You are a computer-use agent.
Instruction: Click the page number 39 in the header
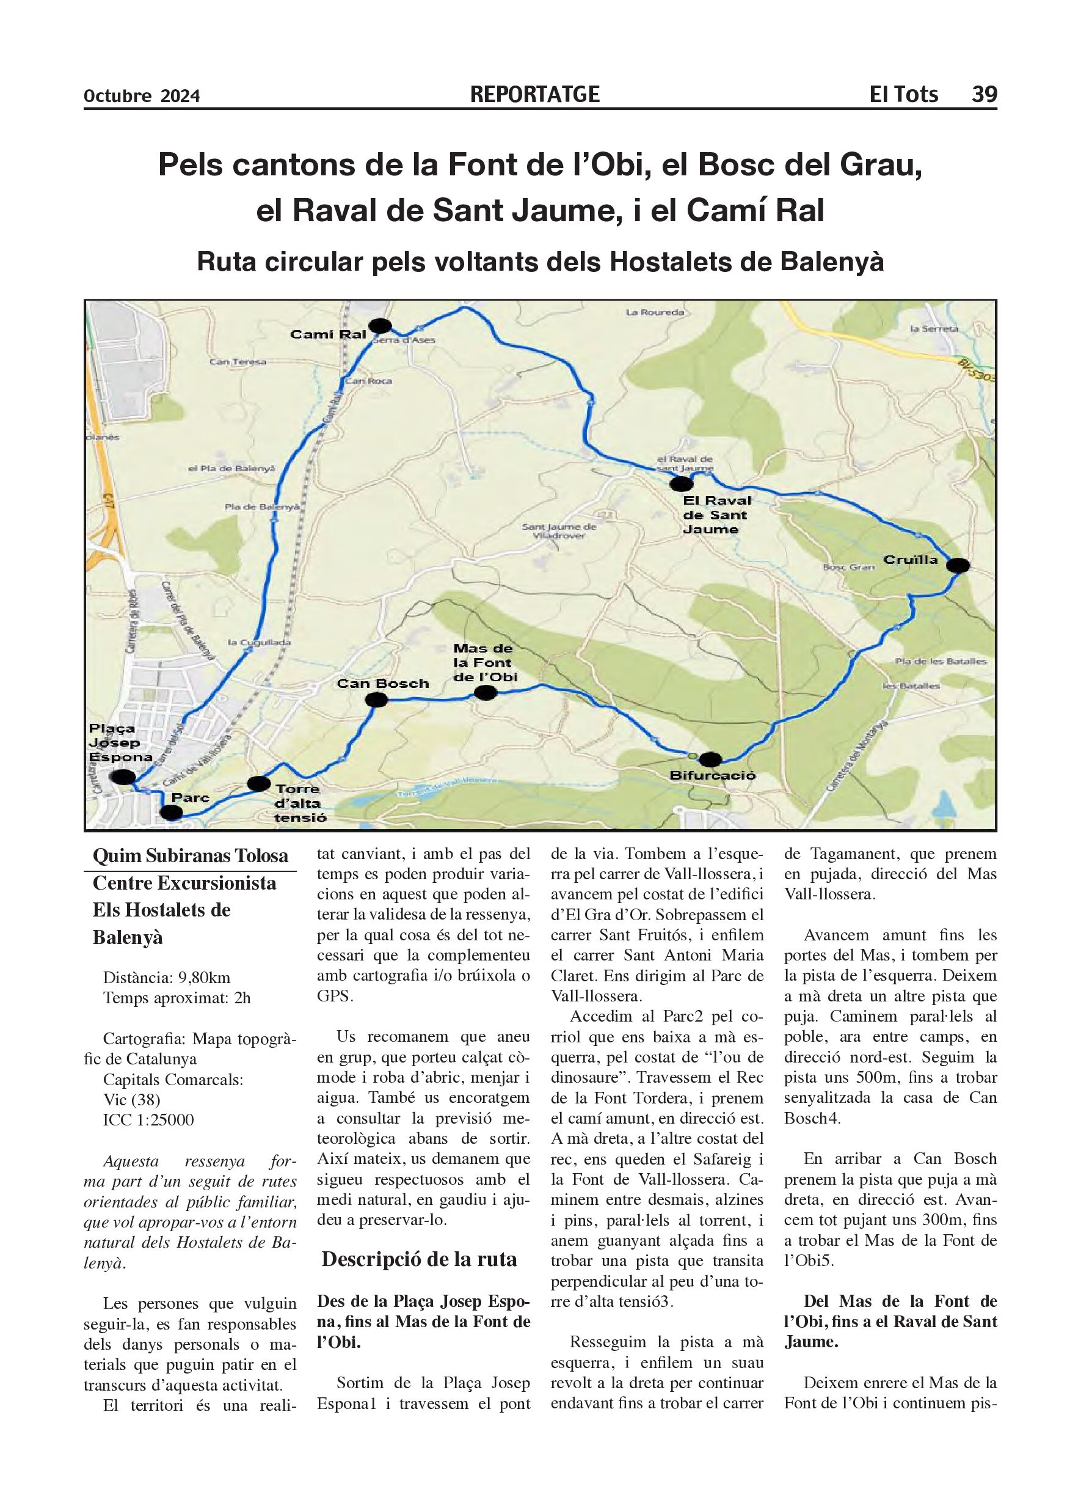coord(983,95)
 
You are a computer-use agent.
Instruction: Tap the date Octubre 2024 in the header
coord(142,97)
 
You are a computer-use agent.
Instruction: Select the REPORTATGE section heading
coord(534,95)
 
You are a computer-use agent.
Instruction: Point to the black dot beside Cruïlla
coord(958,565)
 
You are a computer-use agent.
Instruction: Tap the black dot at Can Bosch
coord(376,700)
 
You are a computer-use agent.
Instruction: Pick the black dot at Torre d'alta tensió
coord(258,784)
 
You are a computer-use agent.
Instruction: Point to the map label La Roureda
coord(654,312)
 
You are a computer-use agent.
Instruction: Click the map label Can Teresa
coord(238,362)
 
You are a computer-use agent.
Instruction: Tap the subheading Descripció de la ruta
coord(418,1259)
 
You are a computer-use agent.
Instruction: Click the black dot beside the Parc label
coord(171,812)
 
